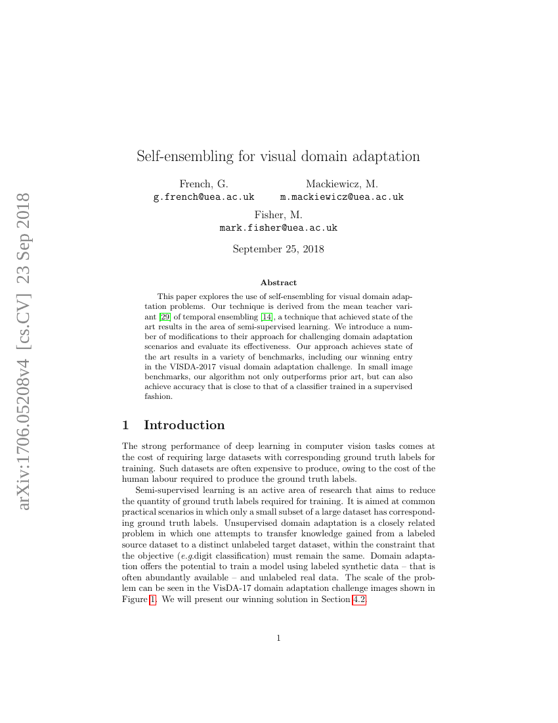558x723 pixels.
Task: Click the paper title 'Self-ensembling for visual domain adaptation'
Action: [x=278, y=156]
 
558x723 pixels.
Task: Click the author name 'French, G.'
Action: [x=204, y=184]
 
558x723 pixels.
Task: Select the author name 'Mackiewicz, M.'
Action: [x=341, y=184]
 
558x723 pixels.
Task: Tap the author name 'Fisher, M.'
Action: [x=278, y=215]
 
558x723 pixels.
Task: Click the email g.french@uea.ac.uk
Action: [x=204, y=197]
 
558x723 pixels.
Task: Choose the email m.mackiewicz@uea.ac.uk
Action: [x=341, y=197]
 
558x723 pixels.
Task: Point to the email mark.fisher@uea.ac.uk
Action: [x=278, y=228]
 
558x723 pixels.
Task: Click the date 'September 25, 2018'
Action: [x=278, y=249]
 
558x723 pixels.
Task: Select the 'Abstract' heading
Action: [x=278, y=283]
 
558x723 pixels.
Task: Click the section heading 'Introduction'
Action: [x=184, y=425]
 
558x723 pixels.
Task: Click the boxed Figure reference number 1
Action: [x=153, y=599]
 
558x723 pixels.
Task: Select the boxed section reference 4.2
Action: [x=359, y=599]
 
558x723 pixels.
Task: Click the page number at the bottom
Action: [x=278, y=638]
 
